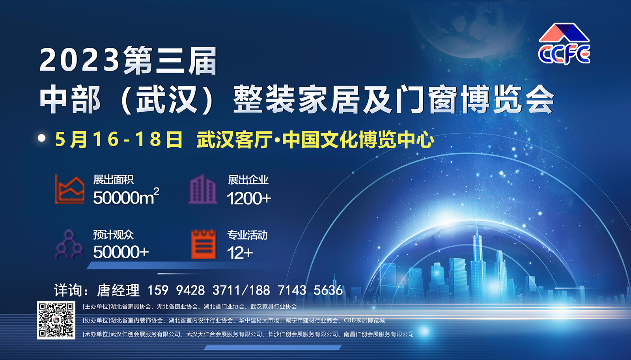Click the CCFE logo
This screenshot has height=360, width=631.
pos(564,44)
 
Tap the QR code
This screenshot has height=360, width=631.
pos(56,320)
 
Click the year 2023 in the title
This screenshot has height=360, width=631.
pos(80,60)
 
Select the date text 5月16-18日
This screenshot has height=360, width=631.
pos(119,140)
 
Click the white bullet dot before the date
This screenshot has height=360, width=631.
pos(42,138)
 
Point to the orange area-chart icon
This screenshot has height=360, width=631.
pos(69,189)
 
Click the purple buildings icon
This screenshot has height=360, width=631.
pos(203,189)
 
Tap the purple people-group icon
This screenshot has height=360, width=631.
pos(69,244)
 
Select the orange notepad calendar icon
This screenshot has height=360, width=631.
pos(203,244)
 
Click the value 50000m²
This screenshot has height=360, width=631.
pos(126,197)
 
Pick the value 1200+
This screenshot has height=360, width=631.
pos(249,198)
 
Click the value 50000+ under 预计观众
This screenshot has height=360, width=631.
pos(121,252)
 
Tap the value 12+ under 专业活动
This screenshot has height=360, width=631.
pos(240,253)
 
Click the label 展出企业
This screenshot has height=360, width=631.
pos(248,180)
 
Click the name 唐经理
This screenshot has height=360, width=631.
pos(118,290)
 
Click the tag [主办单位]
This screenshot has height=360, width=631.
pos(96,306)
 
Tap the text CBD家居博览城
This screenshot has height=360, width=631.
pos(364,320)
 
